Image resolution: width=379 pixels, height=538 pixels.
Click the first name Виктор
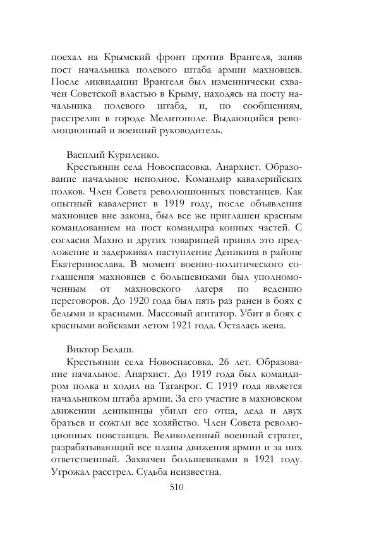(84, 350)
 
